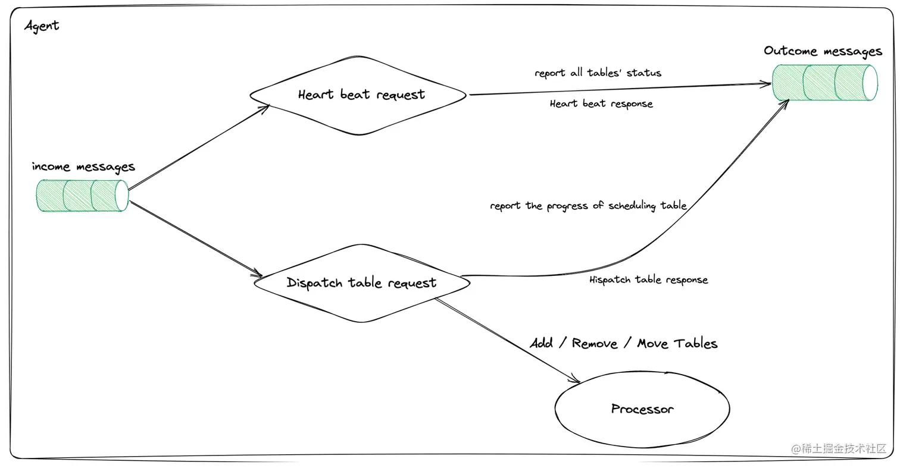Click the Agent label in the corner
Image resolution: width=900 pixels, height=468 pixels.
[x=42, y=26]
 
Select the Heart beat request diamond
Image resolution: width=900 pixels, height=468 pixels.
[x=359, y=95]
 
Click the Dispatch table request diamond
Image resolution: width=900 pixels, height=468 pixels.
[x=361, y=283]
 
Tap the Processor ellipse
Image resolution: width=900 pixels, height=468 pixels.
[x=642, y=409]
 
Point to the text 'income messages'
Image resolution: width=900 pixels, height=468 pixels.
[x=83, y=167]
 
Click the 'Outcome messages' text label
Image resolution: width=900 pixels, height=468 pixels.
[x=823, y=51]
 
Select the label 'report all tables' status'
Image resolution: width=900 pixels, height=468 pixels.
[x=598, y=73]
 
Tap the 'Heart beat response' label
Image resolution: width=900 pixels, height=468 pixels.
[x=601, y=104]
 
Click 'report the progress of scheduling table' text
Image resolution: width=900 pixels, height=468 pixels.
[x=588, y=206]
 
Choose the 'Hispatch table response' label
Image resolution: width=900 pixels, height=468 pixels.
[x=648, y=280]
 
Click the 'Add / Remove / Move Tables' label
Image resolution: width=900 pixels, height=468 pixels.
[x=623, y=344]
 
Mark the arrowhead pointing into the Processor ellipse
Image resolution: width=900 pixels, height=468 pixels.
[x=575, y=380]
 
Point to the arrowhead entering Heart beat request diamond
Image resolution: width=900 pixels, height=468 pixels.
[x=265, y=107]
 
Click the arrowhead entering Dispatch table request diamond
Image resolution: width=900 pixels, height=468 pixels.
[x=258, y=275]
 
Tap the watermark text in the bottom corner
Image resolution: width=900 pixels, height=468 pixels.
[x=838, y=449]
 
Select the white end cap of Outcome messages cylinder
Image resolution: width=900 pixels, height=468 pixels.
[x=870, y=83]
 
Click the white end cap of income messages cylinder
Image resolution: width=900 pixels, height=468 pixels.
[x=121, y=196]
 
